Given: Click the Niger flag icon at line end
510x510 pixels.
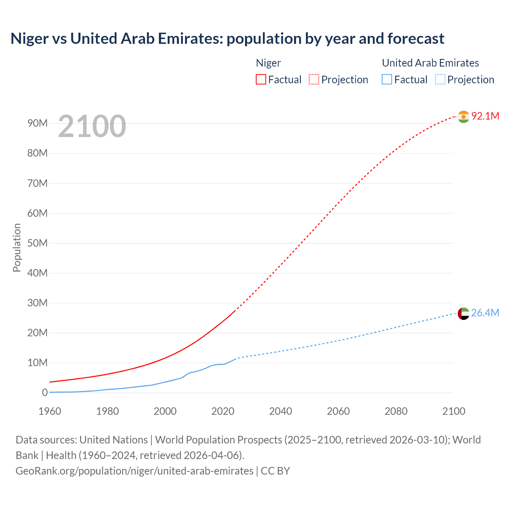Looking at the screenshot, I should tap(463, 117).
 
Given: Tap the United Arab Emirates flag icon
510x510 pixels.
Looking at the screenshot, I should tap(463, 314).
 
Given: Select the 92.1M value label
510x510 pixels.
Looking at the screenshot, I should tap(485, 116).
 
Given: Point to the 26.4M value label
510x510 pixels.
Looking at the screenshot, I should tap(485, 313).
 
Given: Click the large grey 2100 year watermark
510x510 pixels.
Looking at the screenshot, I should tap(92, 126).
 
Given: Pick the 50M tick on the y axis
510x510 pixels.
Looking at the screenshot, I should tap(37, 243).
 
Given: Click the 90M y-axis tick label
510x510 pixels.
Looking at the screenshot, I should tap(37, 123).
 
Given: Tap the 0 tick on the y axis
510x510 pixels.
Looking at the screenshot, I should tap(45, 393).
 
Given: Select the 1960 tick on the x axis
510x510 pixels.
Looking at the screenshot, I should tap(50, 411).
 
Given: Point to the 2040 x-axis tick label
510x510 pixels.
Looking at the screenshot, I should tap(280, 411).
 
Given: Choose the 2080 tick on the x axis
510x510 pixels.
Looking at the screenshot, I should tap(396, 411).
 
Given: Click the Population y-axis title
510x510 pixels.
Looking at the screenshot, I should tap(17, 247).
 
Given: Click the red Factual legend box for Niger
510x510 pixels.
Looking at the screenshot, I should tap(261, 80).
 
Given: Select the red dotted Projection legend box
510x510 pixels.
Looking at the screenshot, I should tap(314, 80).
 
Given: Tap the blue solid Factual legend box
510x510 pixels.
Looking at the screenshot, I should tap(387, 80).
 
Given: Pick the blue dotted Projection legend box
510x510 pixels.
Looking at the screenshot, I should tap(440, 80).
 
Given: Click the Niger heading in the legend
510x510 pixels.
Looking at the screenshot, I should tap(268, 63).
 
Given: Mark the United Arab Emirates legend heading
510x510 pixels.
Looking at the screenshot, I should tap(430, 63).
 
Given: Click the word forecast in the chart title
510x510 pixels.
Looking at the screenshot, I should tap(416, 39).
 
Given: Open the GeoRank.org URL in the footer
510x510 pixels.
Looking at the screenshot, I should tap(134, 471).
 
